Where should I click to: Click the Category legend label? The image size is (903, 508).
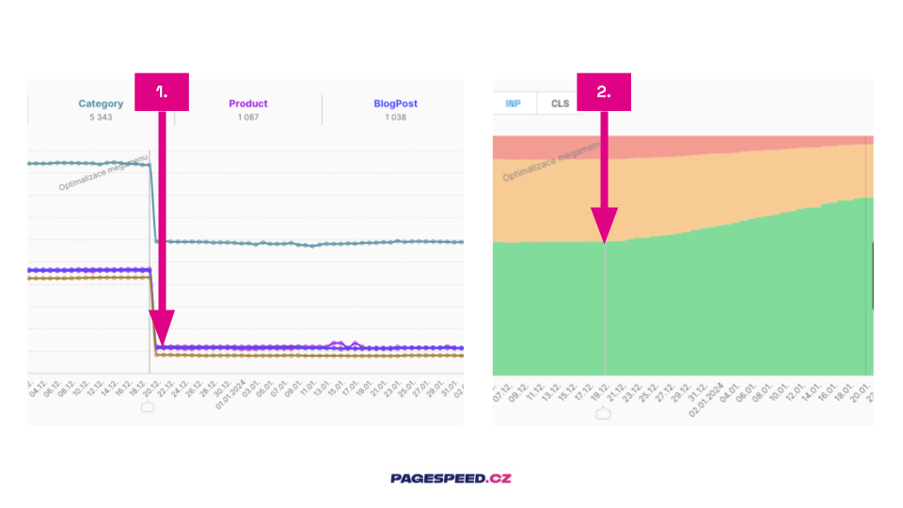101,103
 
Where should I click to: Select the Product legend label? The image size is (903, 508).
248,103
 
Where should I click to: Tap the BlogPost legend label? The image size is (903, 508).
395,103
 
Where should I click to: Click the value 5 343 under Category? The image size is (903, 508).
101,118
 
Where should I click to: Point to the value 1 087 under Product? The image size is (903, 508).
248,118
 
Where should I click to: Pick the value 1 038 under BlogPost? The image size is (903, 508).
395,118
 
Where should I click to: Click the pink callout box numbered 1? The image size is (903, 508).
162,91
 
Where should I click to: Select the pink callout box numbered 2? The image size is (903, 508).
604,91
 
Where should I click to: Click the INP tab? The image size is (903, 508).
513,103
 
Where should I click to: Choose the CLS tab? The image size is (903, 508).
561,103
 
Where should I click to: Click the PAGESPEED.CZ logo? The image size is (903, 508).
451,478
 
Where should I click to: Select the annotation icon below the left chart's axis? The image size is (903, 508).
148,407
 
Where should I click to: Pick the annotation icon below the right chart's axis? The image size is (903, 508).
603,413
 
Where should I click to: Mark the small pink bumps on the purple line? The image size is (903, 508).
343,344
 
